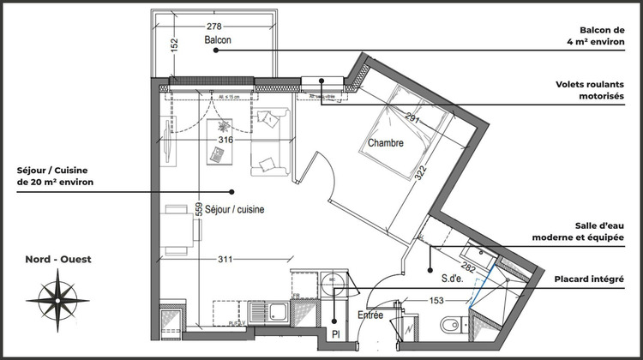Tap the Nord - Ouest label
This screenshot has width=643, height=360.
click(x=58, y=259)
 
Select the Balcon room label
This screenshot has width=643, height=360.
click(x=219, y=40)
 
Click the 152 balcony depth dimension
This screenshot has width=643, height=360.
click(x=173, y=45)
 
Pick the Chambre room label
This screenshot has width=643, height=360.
click(x=386, y=143)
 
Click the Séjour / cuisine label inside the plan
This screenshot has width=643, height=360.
click(x=233, y=209)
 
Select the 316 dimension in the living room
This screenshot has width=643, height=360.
click(x=225, y=140)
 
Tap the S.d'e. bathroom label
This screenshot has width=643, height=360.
click(x=453, y=279)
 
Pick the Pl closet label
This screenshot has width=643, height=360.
click(x=335, y=333)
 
